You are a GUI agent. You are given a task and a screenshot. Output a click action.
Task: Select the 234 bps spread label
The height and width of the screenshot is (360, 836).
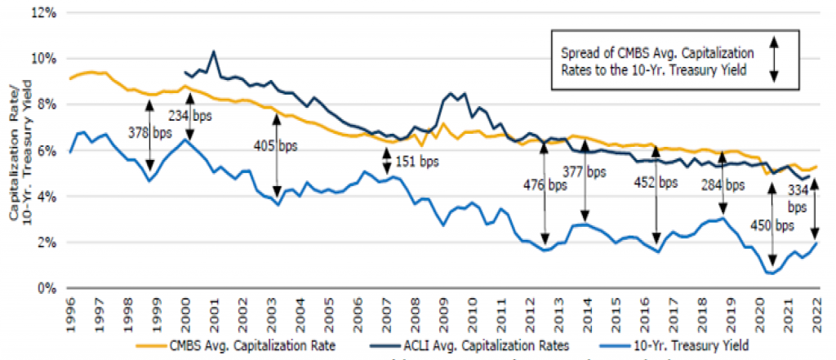point(190,116)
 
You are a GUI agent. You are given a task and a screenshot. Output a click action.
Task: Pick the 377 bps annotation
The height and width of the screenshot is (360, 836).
point(585,172)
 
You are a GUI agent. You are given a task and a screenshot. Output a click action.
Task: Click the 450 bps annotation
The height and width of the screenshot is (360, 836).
point(770,225)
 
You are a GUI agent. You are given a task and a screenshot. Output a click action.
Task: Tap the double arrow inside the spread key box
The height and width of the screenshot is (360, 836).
point(775,59)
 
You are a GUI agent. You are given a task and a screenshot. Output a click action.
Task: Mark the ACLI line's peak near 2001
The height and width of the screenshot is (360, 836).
point(213,51)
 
